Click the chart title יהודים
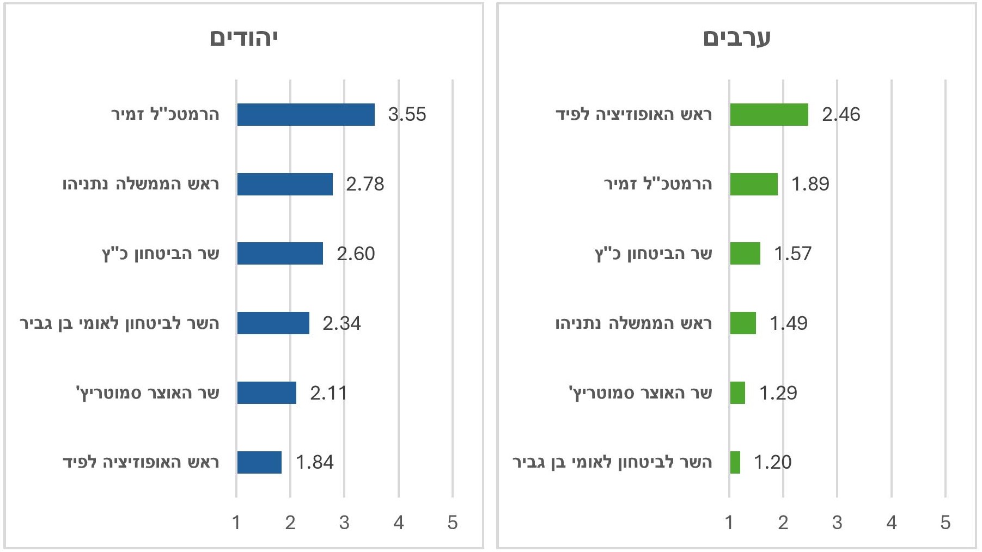tap(243, 39)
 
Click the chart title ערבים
tap(736, 39)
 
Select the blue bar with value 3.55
tap(306, 114)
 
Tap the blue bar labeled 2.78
tap(285, 184)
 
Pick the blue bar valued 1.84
tap(259, 462)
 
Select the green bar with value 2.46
tap(769, 114)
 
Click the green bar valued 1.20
tap(735, 462)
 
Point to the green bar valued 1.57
tap(745, 254)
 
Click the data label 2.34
tap(341, 323)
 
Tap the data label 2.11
tap(328, 393)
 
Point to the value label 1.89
tap(810, 184)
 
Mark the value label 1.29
tap(778, 393)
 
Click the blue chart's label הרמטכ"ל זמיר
tap(165, 114)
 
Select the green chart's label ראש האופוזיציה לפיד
tap(633, 114)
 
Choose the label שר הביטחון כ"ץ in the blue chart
tap(161, 254)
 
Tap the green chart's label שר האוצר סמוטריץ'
tap(640, 393)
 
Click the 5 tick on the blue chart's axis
tap(453, 523)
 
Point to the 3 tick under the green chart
tap(837, 523)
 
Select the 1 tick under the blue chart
tap(236, 523)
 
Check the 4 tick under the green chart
tap(891, 523)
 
